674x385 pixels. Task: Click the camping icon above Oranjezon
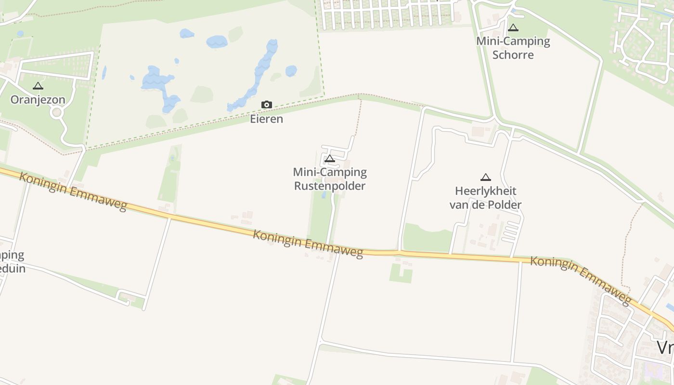[x=38, y=86]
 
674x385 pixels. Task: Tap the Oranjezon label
[x=38, y=100]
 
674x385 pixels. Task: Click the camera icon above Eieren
[x=266, y=105]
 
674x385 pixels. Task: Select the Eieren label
[x=266, y=119]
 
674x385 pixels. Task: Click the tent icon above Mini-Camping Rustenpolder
[x=330, y=158]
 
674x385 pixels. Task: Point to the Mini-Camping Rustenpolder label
[x=330, y=179]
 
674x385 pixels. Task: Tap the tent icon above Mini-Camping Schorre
[x=513, y=28]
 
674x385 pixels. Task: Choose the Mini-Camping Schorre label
[x=513, y=48]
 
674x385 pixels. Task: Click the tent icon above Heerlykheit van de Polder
[x=486, y=178]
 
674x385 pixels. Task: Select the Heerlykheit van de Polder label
[x=485, y=198]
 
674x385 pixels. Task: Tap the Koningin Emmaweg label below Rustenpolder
[x=308, y=244]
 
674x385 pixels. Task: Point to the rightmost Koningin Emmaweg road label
[x=581, y=280]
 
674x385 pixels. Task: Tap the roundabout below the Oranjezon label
[x=57, y=113]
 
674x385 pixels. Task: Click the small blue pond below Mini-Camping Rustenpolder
[x=324, y=195]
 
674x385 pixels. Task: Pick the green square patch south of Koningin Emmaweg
[x=401, y=273]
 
